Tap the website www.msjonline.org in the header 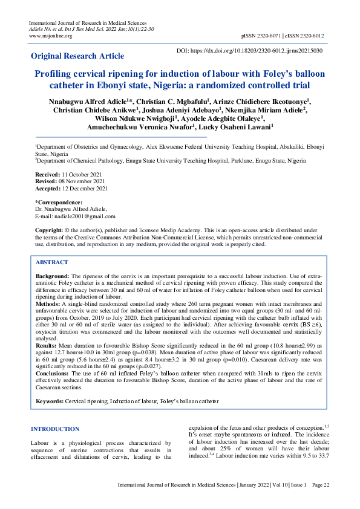click(51, 36)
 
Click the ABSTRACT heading click(52, 263)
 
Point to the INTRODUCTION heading click(55, 429)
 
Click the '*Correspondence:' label click(59, 202)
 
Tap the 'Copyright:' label click(50, 230)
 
